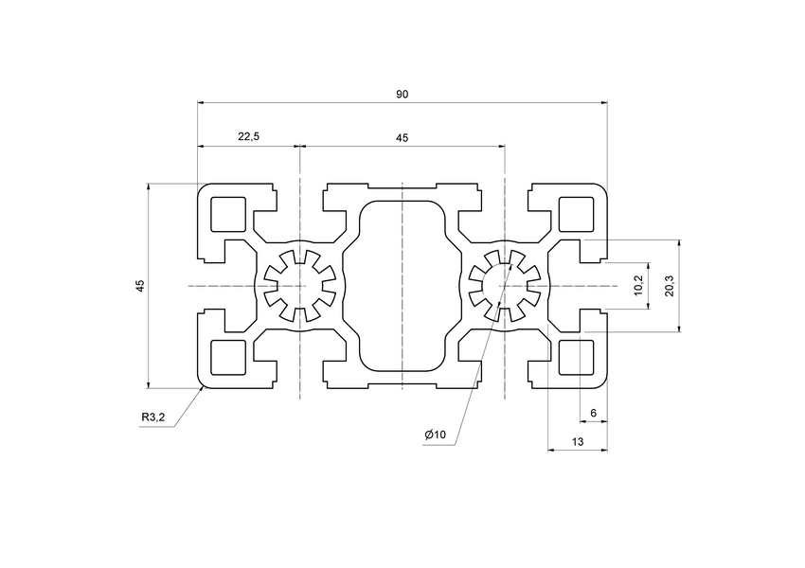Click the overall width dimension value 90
(402, 94)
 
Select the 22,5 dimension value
(248, 138)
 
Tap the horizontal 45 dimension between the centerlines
(402, 138)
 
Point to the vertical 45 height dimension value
(139, 285)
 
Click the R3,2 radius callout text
(153, 417)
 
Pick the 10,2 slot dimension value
(639, 285)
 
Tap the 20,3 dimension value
(670, 285)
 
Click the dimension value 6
(593, 413)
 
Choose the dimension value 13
(578, 442)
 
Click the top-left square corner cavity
(229, 215)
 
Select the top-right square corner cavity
(576, 215)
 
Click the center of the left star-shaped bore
(299, 286)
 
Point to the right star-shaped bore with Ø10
(505, 286)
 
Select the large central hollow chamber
(402, 286)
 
